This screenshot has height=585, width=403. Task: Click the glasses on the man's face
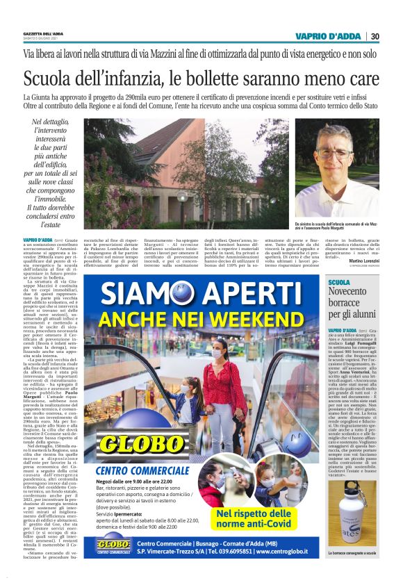click(x=336, y=154)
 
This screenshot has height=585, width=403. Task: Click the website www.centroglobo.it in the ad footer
click(x=286, y=552)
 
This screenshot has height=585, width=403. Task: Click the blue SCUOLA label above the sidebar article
click(x=339, y=282)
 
